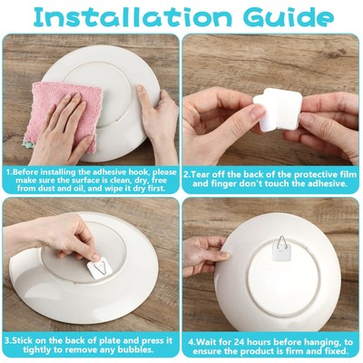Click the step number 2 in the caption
pos(187,172)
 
